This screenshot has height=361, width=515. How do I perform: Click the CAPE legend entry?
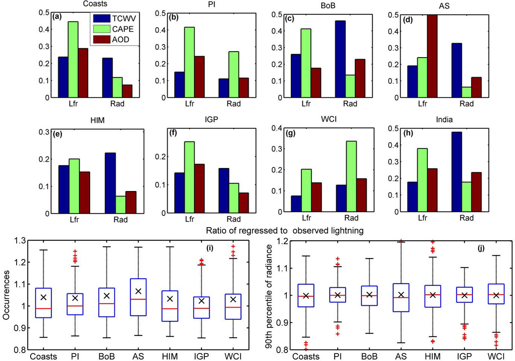122,29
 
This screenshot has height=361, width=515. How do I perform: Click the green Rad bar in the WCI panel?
351,176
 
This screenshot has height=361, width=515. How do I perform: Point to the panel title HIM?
98,120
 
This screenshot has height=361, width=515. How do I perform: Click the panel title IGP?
212,120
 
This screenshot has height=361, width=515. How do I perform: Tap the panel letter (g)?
291,133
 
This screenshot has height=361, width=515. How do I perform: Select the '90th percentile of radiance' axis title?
269,296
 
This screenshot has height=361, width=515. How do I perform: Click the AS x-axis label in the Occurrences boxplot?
138,356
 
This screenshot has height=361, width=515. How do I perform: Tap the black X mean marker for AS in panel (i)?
138,291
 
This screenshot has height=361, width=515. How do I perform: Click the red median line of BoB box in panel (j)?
369,296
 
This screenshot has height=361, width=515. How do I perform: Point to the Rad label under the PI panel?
234,104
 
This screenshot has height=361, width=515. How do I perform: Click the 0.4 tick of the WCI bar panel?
277,128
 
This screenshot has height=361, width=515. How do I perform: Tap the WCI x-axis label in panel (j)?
496,356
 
